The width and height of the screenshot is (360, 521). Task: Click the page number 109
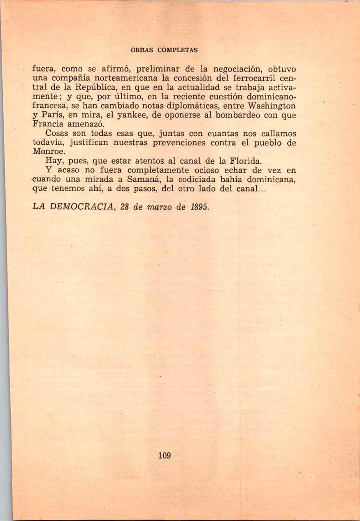tap(164, 456)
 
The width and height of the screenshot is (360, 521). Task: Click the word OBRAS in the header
tap(142, 50)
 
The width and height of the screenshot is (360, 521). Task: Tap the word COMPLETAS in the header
tap(177, 50)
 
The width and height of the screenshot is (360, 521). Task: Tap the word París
tap(53, 115)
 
